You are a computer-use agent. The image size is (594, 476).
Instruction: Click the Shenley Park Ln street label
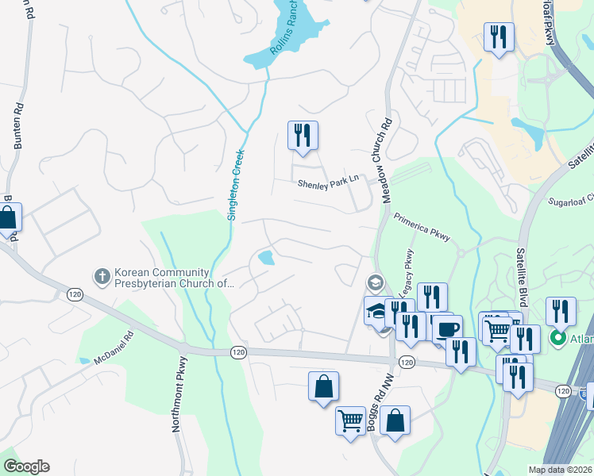tap(328, 183)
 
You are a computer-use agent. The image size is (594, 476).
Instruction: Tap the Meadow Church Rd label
tap(388, 161)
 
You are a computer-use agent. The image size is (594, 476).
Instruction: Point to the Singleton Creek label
tap(234, 185)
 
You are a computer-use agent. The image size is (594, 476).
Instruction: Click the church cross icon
tap(101, 276)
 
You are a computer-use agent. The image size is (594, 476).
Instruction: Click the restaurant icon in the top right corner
tap(499, 36)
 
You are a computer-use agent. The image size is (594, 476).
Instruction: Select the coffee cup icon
tap(447, 329)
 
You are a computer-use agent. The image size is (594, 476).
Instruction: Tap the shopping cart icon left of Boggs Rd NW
tap(350, 420)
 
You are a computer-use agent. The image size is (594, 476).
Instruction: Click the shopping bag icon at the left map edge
tap(8, 218)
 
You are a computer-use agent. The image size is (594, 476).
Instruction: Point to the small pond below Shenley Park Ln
tap(266, 258)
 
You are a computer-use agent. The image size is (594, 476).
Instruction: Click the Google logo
tap(26, 467)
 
